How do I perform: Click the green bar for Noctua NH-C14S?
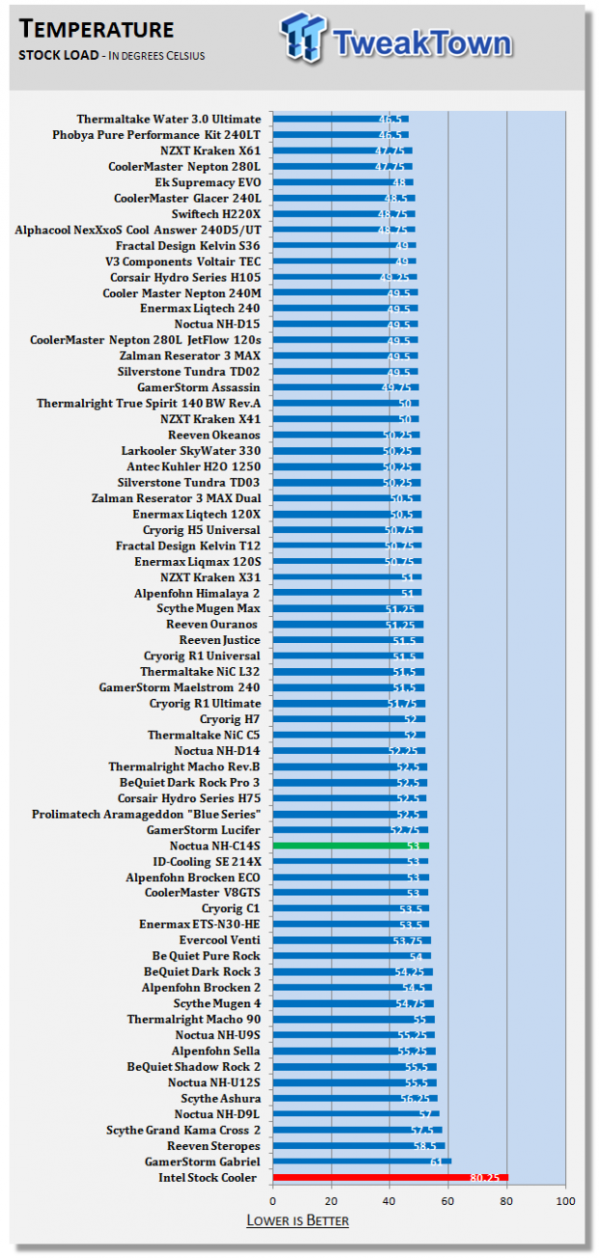pos(351,846)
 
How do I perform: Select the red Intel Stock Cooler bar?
pos(390,1177)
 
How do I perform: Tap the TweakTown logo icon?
pos(302,38)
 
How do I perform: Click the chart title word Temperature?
pos(97,29)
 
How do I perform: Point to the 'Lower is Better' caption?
pos(298,1220)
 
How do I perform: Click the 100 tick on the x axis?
pos(565,1201)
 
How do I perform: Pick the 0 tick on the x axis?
pos(273,1201)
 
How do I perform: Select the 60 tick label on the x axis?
pos(448,1201)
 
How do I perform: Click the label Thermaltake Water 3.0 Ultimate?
pos(168,119)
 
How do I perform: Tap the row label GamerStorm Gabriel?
pos(202,1161)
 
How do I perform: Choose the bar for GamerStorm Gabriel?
pos(362,1161)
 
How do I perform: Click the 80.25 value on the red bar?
pos(484,1178)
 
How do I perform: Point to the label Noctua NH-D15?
pos(217,324)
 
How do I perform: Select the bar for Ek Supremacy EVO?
pos(343,182)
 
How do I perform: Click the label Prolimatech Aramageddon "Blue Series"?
pos(146,814)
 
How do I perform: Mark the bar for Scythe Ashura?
pos(356,1098)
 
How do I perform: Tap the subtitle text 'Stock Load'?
pos(58,55)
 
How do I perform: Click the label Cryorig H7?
pos(230,719)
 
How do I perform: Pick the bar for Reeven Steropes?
pos(359,1146)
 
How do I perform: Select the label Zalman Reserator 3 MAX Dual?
pos(177,498)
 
